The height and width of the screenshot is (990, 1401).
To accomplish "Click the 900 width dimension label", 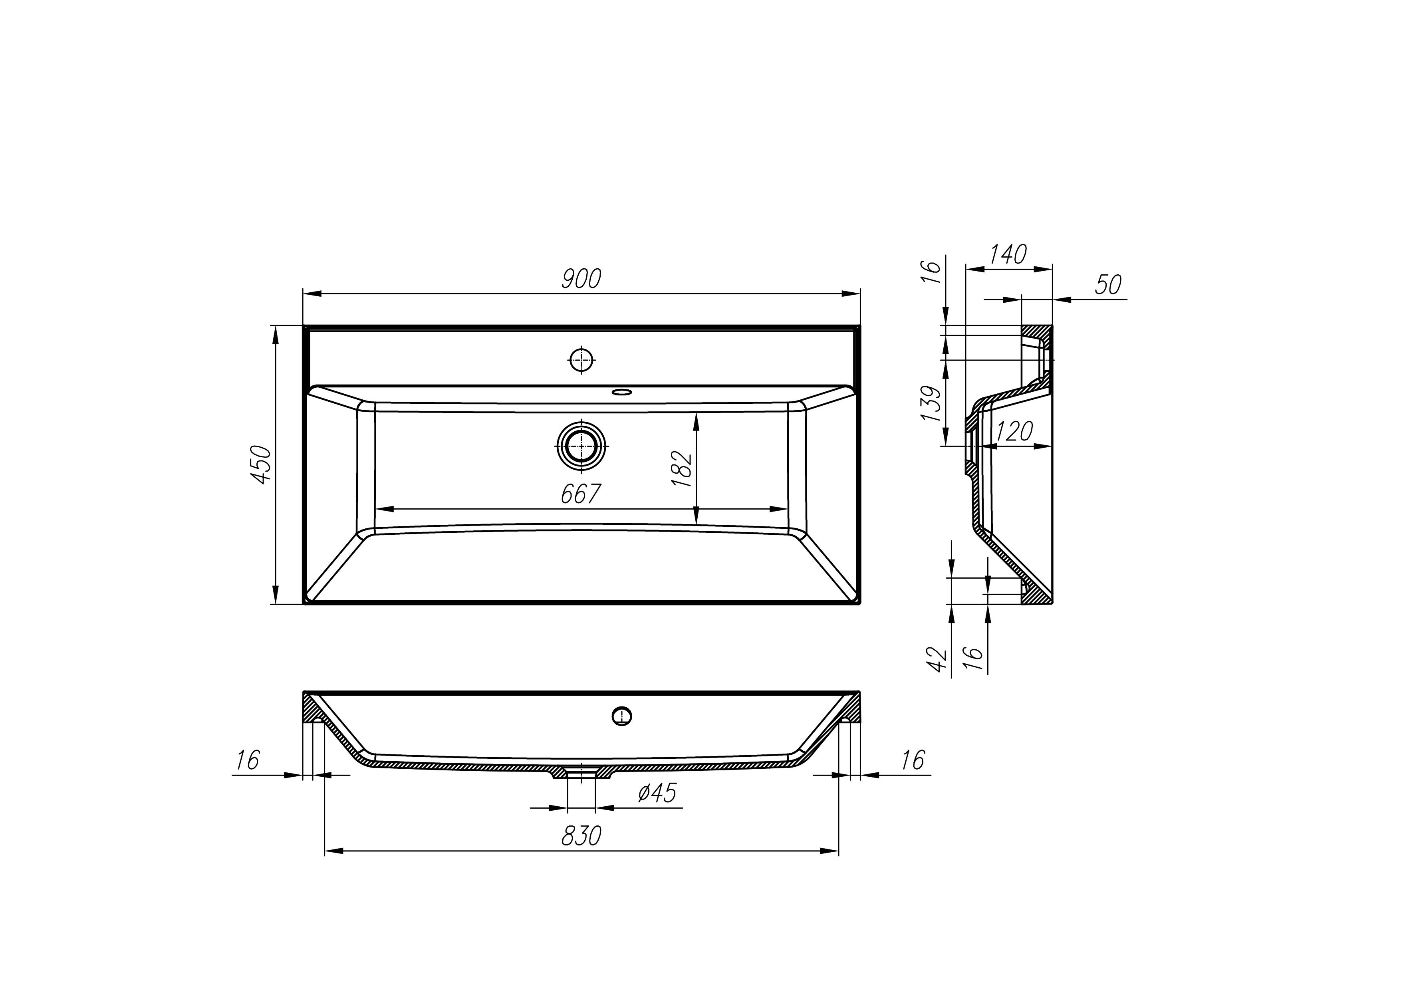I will point(581,279).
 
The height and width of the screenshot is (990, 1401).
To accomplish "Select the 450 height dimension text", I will point(262,465).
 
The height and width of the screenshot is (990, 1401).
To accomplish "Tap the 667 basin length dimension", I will point(581,494).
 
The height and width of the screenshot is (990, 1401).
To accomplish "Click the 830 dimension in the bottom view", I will point(581,836).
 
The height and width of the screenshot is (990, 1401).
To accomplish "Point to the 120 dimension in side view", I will point(1014,432).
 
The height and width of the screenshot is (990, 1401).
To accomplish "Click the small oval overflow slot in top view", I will point(622,392).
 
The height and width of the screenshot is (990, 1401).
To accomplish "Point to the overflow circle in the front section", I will point(622,716).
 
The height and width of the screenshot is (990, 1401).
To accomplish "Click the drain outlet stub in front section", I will point(581,773).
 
